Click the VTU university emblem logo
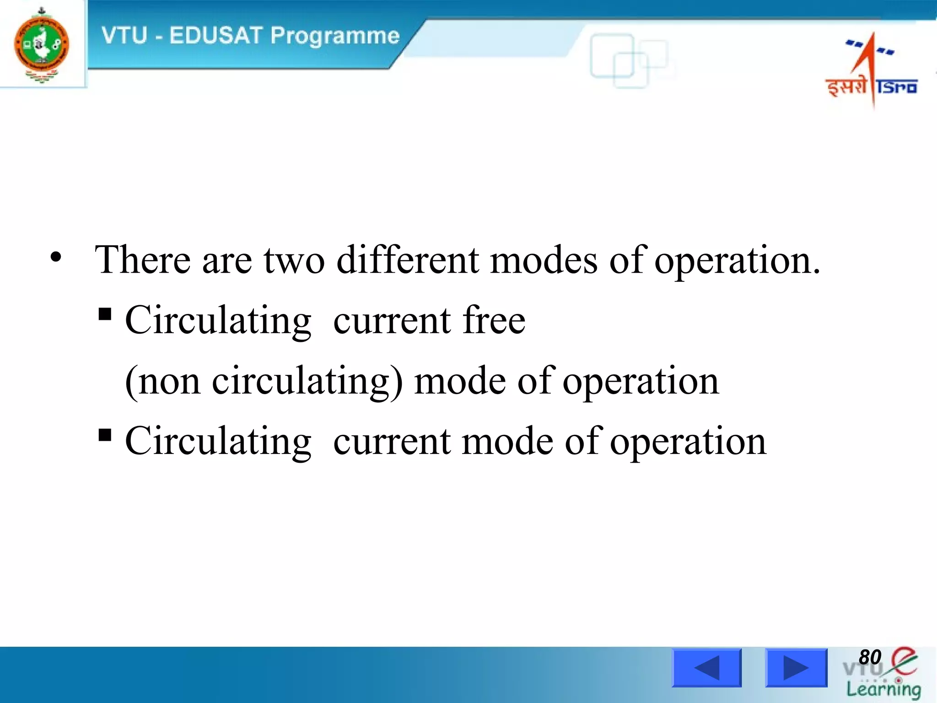(x=41, y=45)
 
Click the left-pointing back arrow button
(x=706, y=668)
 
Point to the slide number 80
(x=869, y=657)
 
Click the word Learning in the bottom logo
(x=883, y=689)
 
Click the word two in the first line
(x=294, y=260)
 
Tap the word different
(x=408, y=260)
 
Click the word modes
(x=544, y=260)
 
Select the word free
(x=494, y=320)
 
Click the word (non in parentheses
(x=163, y=381)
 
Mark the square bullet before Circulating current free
(x=105, y=314)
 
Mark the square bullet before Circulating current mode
(x=105, y=435)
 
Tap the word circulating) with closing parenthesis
(x=307, y=381)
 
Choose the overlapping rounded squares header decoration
(x=628, y=60)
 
